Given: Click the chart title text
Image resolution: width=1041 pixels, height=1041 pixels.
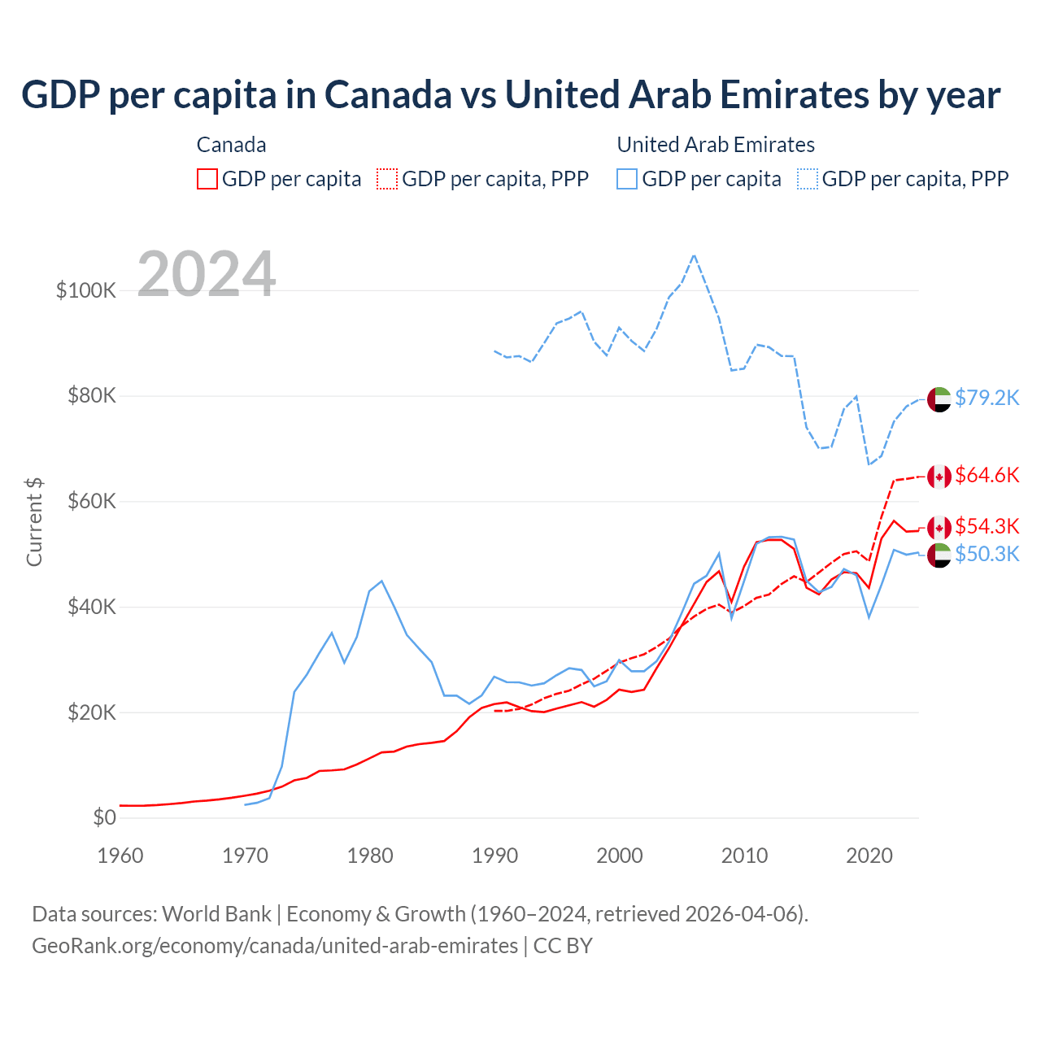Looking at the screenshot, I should click(x=511, y=94).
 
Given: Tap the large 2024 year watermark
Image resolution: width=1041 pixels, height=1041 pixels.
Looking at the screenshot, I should click(x=207, y=274).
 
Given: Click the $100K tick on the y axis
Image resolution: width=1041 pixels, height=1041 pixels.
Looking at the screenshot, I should click(x=86, y=290).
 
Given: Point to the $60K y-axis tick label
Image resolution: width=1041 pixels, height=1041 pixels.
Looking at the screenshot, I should click(x=90, y=501).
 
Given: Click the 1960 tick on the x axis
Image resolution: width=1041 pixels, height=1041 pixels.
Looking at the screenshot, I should click(x=120, y=856).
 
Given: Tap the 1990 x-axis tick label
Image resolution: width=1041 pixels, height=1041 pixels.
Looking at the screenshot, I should click(x=494, y=856).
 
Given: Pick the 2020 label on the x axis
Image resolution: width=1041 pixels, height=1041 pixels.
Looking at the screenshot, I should click(x=869, y=856).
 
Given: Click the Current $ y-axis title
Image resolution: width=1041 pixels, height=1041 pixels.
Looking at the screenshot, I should click(x=34, y=522).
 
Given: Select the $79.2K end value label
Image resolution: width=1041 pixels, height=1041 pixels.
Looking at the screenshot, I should click(x=987, y=398).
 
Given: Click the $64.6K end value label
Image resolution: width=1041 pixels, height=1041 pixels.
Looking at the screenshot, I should click(x=987, y=475).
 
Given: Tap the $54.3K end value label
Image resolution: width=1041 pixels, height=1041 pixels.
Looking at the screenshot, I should click(x=987, y=526).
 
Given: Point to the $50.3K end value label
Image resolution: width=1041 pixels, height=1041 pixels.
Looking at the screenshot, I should click(x=987, y=554).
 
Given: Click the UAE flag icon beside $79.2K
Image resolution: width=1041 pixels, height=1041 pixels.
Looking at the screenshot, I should click(x=939, y=399).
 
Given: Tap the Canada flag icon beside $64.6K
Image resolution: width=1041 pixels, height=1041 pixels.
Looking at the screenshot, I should click(x=939, y=477).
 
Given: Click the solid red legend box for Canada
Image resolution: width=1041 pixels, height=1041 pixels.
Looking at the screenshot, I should click(x=207, y=179).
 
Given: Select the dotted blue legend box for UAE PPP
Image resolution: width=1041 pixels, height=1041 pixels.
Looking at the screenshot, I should click(x=808, y=179).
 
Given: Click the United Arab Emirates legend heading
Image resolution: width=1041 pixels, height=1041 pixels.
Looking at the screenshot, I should click(x=716, y=145).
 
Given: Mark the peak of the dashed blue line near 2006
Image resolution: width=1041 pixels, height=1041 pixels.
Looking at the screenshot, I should click(x=694, y=255).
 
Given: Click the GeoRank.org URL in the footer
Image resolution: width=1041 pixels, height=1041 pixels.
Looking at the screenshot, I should click(x=275, y=946).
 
